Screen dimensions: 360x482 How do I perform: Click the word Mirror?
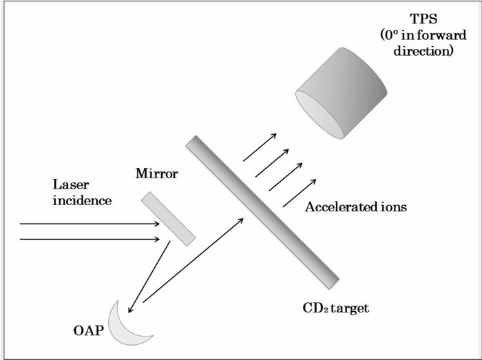[156, 174]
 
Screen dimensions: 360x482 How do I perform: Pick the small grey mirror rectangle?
[168, 218]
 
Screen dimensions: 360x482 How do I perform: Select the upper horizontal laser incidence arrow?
[90, 224]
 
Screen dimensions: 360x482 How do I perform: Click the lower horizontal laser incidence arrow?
[90, 239]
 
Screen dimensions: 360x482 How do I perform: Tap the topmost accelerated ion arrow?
[260, 147]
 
